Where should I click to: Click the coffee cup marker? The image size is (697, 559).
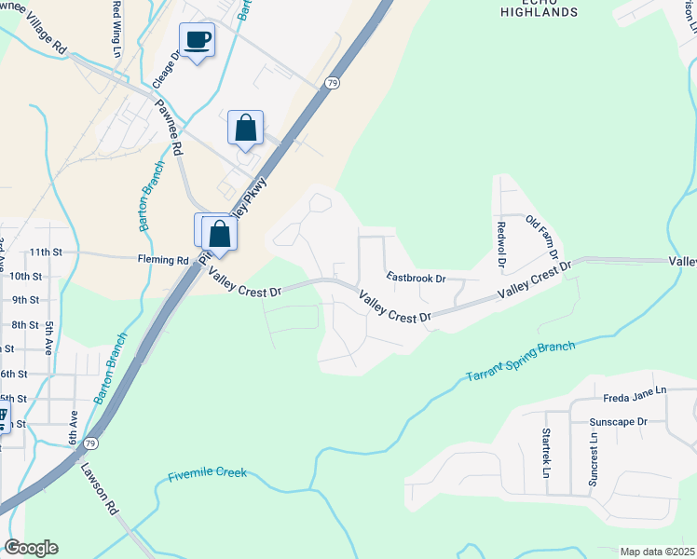point(197,41)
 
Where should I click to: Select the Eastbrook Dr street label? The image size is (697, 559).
point(417,278)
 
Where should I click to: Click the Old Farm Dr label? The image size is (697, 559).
point(542,237)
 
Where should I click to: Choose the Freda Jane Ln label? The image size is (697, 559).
point(635,390)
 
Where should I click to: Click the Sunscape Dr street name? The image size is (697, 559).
point(618,422)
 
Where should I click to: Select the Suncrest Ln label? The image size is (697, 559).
point(593,457)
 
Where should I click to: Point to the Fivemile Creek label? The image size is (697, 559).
point(208,474)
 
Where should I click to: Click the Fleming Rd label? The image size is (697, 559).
point(164,260)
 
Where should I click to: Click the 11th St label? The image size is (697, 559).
point(45,252)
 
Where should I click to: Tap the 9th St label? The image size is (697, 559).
point(26,300)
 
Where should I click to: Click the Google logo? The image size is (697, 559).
point(31,548)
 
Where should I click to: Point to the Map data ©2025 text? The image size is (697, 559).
point(657,552)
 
